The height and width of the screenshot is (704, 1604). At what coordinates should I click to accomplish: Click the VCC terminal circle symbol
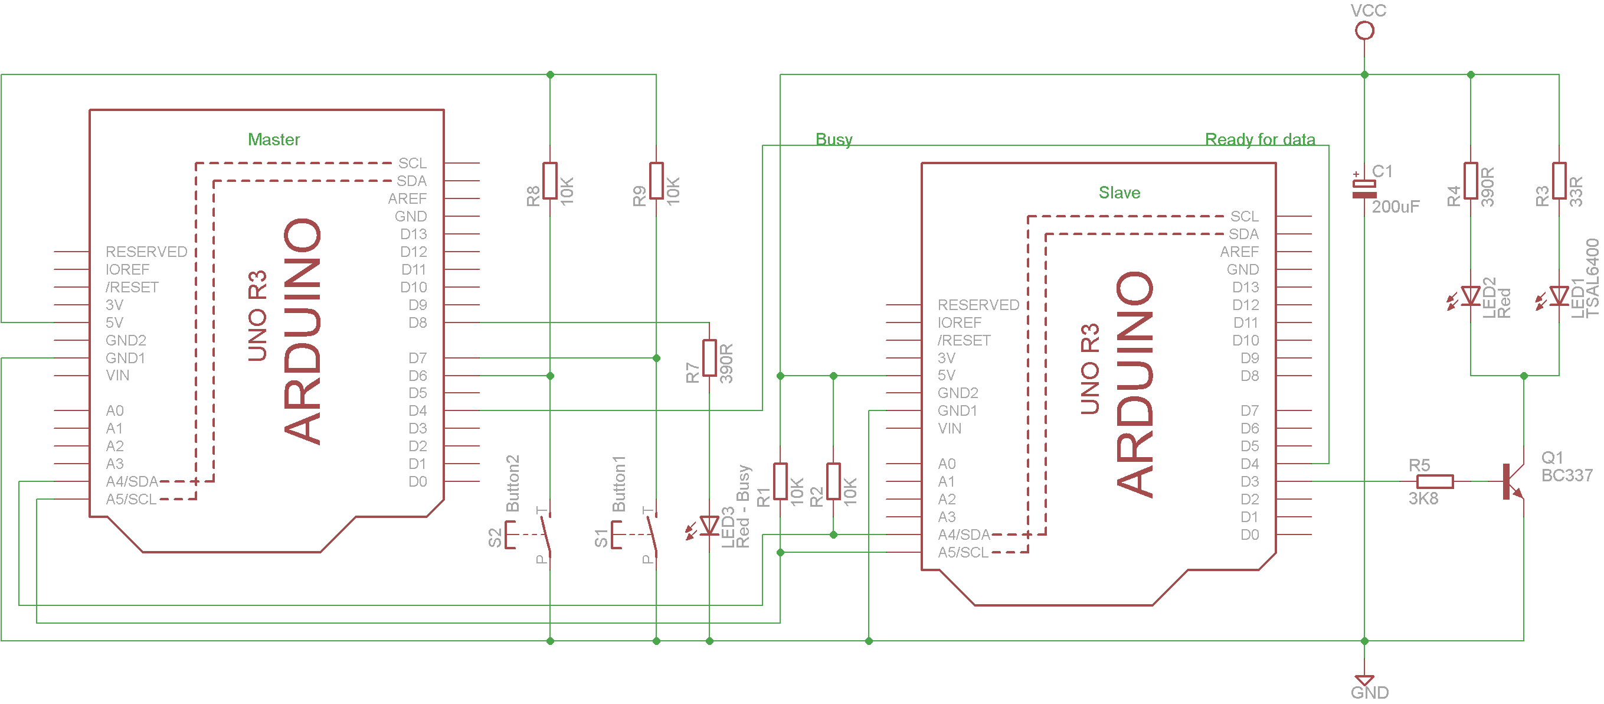point(1364,30)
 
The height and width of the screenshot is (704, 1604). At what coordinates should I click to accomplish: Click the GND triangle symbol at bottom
point(1364,680)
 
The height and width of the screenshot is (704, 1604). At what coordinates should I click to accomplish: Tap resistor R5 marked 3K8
point(1435,481)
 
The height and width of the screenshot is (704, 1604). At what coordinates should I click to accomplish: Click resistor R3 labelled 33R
point(1559,181)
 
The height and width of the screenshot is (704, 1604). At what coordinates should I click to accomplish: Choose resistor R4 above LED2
point(1470,181)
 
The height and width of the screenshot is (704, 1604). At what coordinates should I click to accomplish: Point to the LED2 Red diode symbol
point(1470,296)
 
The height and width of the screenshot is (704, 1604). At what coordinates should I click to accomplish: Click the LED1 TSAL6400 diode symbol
point(1559,296)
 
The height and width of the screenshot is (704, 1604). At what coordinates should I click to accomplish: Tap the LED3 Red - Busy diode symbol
point(709,526)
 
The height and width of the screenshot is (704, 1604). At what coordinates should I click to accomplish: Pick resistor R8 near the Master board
point(550,181)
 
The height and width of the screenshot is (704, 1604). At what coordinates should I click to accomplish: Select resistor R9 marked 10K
point(656,181)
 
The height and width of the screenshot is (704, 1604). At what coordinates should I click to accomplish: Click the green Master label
point(273,139)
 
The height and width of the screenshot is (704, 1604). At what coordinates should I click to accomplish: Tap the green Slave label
point(1119,193)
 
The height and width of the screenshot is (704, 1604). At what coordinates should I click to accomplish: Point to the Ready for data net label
point(1260,139)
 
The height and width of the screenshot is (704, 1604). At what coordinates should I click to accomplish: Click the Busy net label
point(834,139)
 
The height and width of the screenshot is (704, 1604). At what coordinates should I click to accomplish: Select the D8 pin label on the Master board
point(417,322)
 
